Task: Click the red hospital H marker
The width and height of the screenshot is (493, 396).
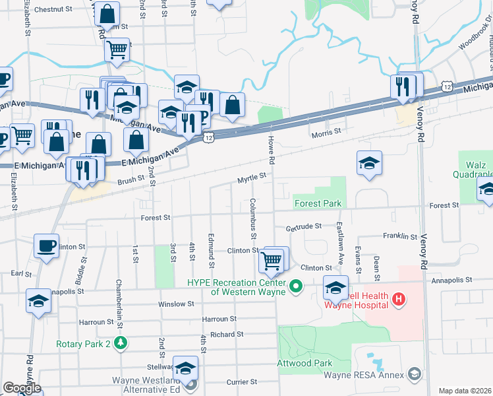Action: (397, 300)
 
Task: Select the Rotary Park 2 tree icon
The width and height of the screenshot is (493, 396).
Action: (120, 343)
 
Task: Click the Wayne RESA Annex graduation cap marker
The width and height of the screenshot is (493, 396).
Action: (414, 374)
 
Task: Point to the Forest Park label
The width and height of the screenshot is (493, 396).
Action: (318, 204)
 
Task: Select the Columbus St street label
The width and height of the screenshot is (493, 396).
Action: (253, 217)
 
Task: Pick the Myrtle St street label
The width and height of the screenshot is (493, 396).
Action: (252, 177)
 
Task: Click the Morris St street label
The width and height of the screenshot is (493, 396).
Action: (326, 132)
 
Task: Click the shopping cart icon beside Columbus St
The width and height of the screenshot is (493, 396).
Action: (272, 259)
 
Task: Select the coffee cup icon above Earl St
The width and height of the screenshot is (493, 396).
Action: (45, 246)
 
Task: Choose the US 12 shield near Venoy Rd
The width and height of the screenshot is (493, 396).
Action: (448, 86)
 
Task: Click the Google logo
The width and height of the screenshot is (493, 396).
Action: (22, 388)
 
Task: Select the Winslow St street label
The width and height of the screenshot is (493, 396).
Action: (176, 304)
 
